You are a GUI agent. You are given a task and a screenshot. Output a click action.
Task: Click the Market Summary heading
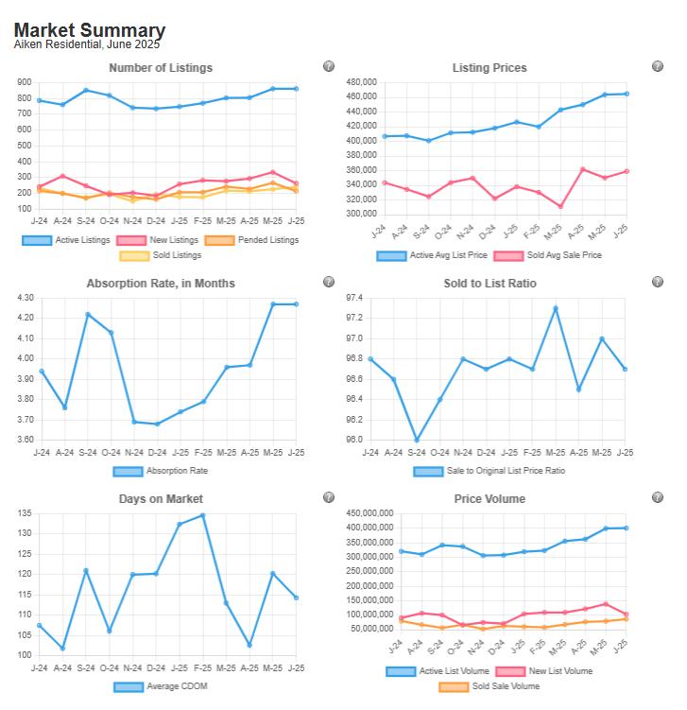point(90,30)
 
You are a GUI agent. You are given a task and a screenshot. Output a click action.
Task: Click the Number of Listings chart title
point(161,68)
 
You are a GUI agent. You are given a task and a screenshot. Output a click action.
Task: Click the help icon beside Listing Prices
point(658,66)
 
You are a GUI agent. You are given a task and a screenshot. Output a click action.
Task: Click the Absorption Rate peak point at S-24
point(87,315)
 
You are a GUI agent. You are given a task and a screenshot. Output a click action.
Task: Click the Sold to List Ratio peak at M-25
point(556,308)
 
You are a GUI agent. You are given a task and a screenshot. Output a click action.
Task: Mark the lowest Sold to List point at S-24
point(417,440)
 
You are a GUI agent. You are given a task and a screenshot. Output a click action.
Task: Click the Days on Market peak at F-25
point(203,515)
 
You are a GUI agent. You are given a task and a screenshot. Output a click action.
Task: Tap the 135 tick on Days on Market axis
point(24,513)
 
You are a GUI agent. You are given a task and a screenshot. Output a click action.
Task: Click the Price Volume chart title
point(489,499)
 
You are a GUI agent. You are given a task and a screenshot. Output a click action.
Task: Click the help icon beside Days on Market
point(329,497)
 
